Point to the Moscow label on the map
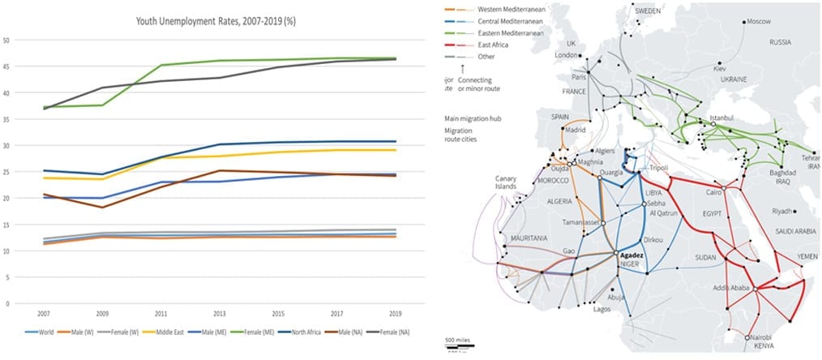(x=758, y=21)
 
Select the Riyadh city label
(x=782, y=212)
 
